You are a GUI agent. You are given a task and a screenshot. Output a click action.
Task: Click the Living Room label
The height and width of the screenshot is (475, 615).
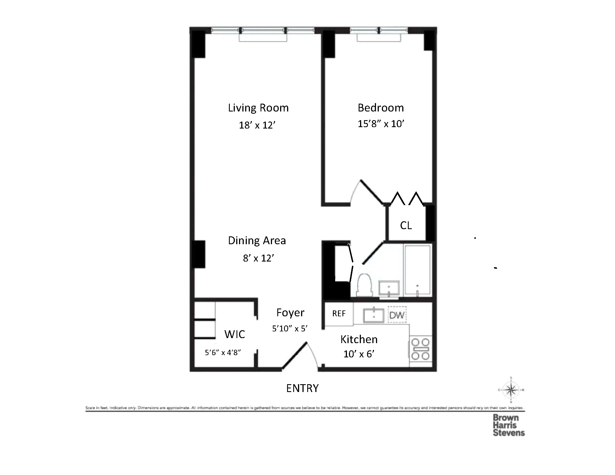pyautogui.click(x=258, y=108)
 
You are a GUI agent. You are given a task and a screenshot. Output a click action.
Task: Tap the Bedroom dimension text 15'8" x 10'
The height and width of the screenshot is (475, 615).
pyautogui.click(x=381, y=124)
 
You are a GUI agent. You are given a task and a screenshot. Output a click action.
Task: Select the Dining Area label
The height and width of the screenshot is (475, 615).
pyautogui.click(x=257, y=241)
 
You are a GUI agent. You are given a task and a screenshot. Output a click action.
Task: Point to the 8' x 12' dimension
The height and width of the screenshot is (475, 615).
pyautogui.click(x=259, y=258)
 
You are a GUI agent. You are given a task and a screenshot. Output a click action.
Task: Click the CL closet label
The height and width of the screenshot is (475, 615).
pyautogui.click(x=406, y=225)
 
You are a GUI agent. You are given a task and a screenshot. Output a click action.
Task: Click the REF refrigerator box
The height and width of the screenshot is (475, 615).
pyautogui.click(x=339, y=314)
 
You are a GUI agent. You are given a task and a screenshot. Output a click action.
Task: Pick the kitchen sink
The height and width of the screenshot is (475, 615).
pyautogui.click(x=374, y=315)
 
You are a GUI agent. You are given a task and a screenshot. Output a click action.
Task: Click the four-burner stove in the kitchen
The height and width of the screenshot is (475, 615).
pyautogui.click(x=420, y=349)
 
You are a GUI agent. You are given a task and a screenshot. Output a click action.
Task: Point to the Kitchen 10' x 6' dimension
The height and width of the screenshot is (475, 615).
pyautogui.click(x=359, y=354)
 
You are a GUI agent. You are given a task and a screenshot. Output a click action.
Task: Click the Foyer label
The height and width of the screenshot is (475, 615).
pyautogui.click(x=290, y=313)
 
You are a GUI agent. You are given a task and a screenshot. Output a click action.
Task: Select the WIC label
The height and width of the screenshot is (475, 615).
pyautogui.click(x=235, y=334)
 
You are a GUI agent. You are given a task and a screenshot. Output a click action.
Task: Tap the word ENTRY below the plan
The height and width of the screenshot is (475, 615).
pyautogui.click(x=302, y=388)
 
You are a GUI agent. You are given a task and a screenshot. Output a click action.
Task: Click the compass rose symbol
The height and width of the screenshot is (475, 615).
pyautogui.click(x=511, y=390)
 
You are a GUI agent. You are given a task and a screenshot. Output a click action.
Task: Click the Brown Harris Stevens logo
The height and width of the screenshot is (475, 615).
pyautogui.click(x=508, y=425)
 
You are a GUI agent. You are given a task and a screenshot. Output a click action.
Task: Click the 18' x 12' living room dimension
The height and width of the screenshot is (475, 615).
pyautogui.click(x=257, y=125)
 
